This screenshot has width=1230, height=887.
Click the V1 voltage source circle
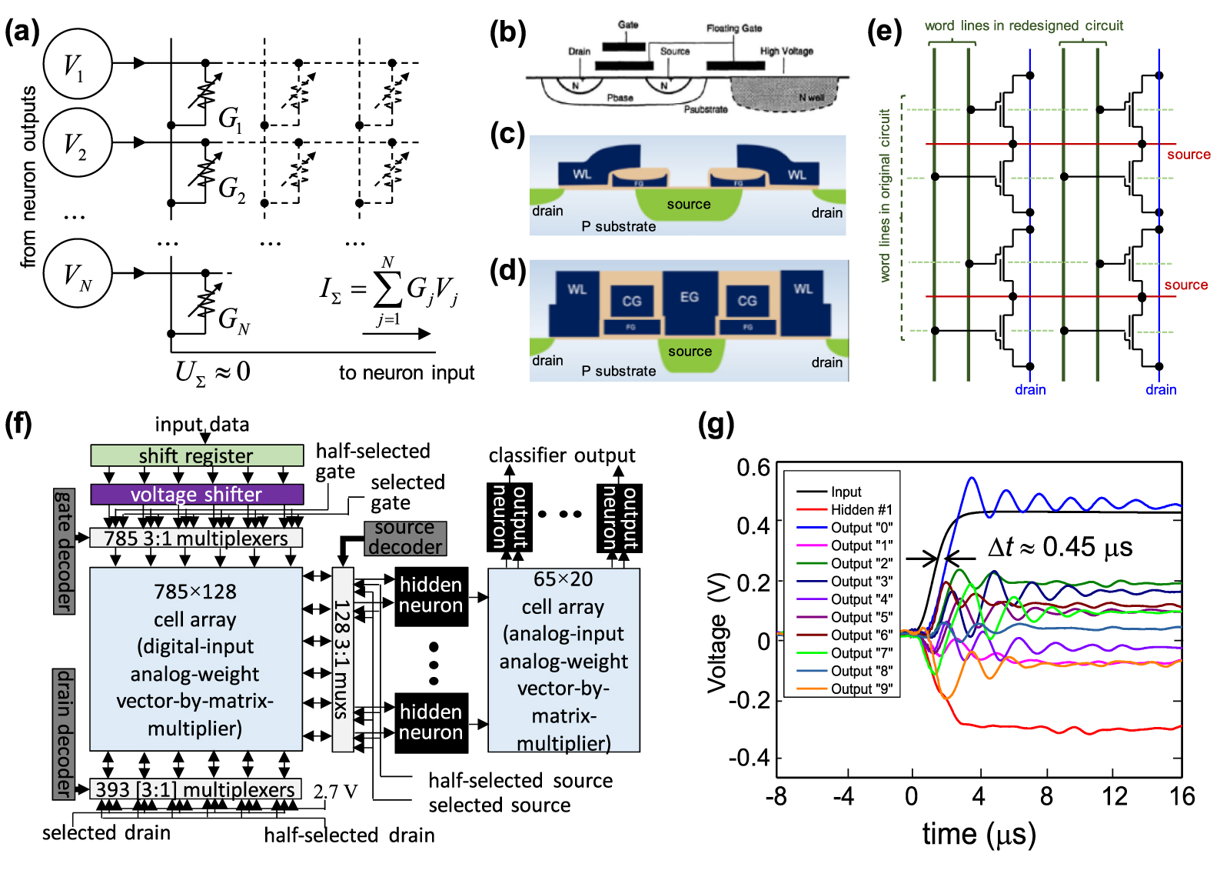pos(77,64)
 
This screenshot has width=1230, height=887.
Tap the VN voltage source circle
pos(77,273)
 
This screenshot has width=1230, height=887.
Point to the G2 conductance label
pos(231,188)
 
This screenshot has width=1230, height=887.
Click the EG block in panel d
pos(689,297)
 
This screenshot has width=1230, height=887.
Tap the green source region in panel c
pos(688,205)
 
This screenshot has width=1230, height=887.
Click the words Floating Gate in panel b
pos(734,28)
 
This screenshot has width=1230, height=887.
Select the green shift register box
pos(196,455)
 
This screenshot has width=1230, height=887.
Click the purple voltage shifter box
pos(196,494)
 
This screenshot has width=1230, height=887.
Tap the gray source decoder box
pos(405,537)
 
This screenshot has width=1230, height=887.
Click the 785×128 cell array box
pos(195,659)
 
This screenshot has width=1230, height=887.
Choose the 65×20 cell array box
pos(563,660)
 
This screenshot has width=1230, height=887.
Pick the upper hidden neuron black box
pos(430,596)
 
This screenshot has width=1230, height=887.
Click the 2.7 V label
pos(335,791)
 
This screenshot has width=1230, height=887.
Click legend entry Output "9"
pos(861,689)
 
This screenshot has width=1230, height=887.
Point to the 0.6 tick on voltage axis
pos(753,468)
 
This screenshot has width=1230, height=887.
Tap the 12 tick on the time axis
pos(1114,796)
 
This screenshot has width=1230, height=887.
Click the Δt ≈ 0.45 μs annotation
pos(1059,547)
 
